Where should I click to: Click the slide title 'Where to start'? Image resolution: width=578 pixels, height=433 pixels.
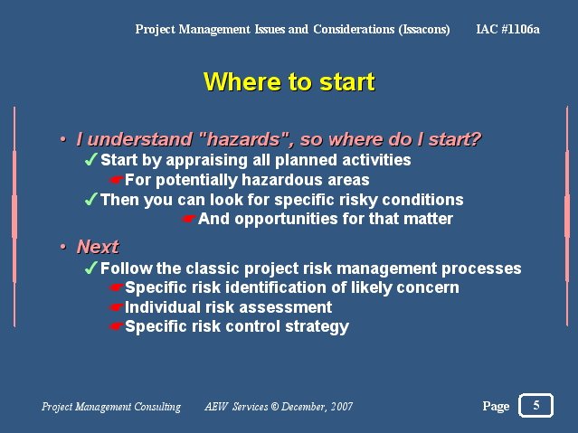289,81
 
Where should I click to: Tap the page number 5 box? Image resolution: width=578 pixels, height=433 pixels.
535,405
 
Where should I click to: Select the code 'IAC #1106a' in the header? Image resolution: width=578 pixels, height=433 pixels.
507,29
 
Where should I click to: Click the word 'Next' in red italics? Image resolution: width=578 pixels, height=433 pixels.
98,247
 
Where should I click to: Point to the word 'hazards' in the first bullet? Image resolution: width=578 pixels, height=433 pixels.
243,139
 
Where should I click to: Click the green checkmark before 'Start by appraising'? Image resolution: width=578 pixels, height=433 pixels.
91,160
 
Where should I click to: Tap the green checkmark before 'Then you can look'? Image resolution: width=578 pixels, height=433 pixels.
91,200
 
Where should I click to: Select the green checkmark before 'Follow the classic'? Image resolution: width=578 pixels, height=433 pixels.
91,268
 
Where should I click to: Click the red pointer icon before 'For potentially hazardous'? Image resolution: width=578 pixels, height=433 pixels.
116,180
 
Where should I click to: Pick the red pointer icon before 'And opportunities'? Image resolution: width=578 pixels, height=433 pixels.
188,219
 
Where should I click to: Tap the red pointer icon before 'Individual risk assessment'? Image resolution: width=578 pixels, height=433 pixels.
116,307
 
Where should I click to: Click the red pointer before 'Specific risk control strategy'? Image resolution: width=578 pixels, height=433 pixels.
116,326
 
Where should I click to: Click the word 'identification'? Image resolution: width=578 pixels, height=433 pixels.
276,287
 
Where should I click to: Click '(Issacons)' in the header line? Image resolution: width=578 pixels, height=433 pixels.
424,30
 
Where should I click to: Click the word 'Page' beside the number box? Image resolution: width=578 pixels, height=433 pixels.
496,407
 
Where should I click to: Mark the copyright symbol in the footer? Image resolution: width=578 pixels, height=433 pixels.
275,407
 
